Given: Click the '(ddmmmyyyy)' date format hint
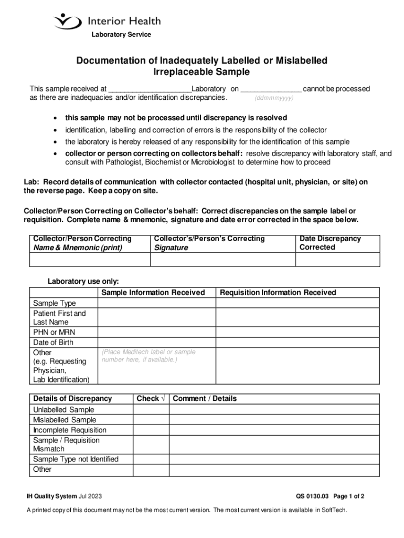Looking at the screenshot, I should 274,98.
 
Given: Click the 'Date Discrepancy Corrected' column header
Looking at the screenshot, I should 330,243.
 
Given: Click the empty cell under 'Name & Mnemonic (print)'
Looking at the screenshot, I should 89,260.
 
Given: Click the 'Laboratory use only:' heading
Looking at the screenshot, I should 83,281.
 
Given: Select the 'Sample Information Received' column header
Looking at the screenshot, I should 153,293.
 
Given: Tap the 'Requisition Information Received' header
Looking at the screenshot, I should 278,293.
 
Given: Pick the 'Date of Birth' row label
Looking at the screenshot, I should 53,342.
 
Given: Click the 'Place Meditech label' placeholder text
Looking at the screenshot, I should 148,356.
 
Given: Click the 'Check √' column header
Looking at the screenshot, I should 151,399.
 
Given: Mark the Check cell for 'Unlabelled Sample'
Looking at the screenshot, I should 151,410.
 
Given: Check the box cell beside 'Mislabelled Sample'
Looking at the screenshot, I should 151,420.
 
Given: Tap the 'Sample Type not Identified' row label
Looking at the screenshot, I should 76,459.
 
